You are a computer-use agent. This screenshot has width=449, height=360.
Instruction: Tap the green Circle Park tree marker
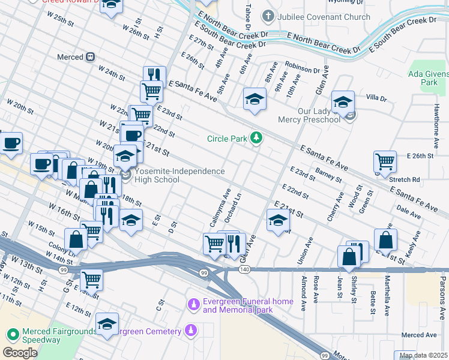256,139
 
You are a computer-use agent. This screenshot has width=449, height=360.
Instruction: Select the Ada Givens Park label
427,77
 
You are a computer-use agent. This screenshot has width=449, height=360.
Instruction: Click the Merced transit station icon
90,57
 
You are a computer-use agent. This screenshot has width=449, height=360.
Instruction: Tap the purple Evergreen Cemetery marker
190,331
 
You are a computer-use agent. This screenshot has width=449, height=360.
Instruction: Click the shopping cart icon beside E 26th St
385,161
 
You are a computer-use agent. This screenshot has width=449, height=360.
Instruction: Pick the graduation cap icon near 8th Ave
255,98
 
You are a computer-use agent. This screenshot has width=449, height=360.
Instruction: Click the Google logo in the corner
20,353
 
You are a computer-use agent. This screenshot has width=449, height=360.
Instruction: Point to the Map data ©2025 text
423,355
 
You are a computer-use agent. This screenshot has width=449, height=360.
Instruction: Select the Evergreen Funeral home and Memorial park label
237,306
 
